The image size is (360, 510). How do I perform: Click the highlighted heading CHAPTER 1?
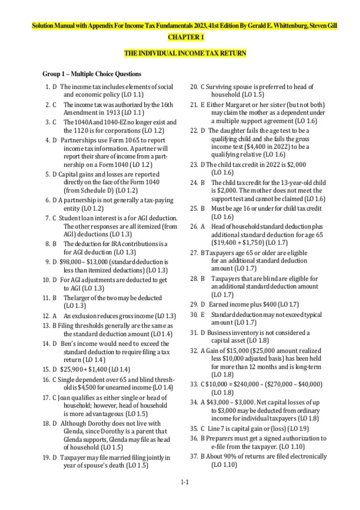pyautogui.click(x=186, y=37)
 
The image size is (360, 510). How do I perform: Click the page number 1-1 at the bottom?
pyautogui.click(x=184, y=482)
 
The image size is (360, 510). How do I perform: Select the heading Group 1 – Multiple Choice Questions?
pyautogui.click(x=92, y=74)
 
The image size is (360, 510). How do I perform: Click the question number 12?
pyautogui.click(x=46, y=316)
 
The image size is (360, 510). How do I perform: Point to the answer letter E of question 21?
pyautogui.click(x=202, y=105)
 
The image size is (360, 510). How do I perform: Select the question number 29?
pyautogui.click(x=193, y=304)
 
